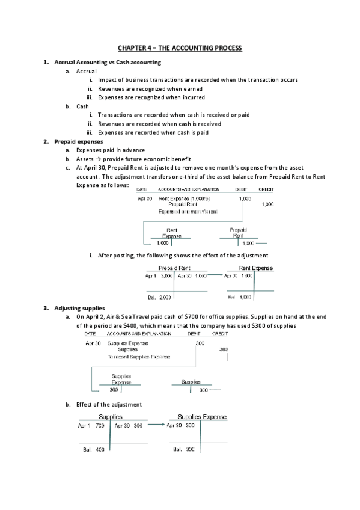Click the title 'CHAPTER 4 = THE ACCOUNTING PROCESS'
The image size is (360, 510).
click(180, 48)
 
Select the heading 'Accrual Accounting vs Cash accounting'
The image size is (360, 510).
click(108, 63)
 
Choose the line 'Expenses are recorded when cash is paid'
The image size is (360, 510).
click(153, 132)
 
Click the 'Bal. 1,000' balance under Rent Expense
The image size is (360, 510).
click(239, 297)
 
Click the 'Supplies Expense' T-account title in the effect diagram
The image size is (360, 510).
click(202, 416)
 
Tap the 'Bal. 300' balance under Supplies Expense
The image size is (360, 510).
click(183, 449)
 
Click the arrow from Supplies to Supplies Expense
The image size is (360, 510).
click(156, 425)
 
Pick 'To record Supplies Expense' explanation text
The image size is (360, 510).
click(139, 357)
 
